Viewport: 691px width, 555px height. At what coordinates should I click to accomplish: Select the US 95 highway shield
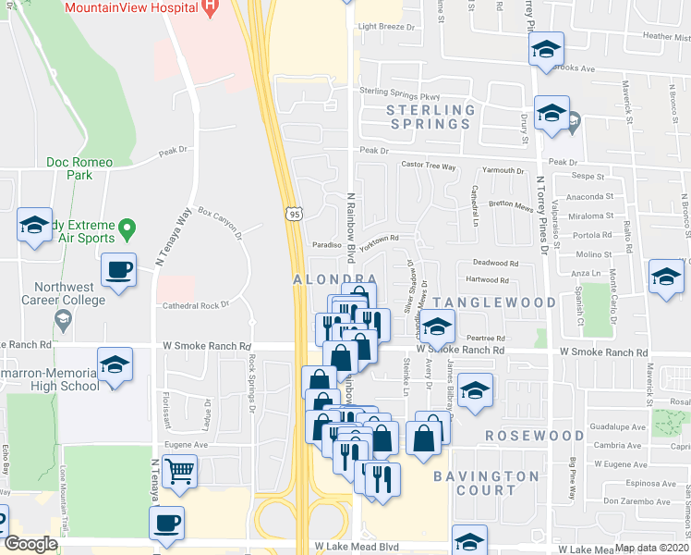click(x=294, y=214)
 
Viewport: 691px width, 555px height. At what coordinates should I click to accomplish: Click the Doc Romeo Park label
click(x=79, y=168)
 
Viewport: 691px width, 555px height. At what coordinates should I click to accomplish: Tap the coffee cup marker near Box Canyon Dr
click(x=118, y=271)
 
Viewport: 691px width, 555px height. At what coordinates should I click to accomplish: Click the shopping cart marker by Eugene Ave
click(x=178, y=472)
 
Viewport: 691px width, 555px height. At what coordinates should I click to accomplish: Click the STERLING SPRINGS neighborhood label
click(x=430, y=117)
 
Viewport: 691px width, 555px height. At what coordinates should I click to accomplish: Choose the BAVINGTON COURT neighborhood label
click(x=486, y=483)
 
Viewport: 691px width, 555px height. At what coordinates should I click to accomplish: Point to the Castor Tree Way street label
click(x=429, y=166)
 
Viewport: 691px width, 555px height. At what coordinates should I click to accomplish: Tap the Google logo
click(x=30, y=544)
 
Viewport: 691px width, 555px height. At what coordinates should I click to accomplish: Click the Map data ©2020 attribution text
click(x=652, y=548)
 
